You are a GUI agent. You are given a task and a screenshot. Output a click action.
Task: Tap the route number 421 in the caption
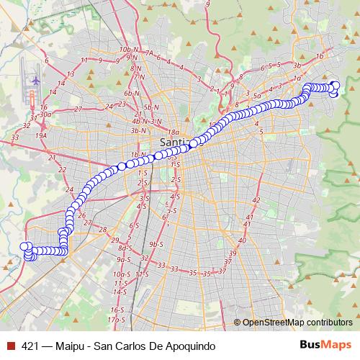(30, 345)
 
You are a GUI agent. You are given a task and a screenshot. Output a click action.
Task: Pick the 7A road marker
(149, 53)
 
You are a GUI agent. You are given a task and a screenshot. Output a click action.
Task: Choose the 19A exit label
(40, 135)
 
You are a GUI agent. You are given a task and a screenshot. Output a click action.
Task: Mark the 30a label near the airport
(45, 114)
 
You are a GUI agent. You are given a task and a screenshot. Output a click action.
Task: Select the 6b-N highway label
(131, 93)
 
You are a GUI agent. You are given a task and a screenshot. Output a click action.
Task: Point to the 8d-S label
(124, 248)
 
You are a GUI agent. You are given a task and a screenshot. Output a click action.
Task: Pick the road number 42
(256, 200)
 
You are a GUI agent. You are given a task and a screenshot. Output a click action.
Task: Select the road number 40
(242, 240)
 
